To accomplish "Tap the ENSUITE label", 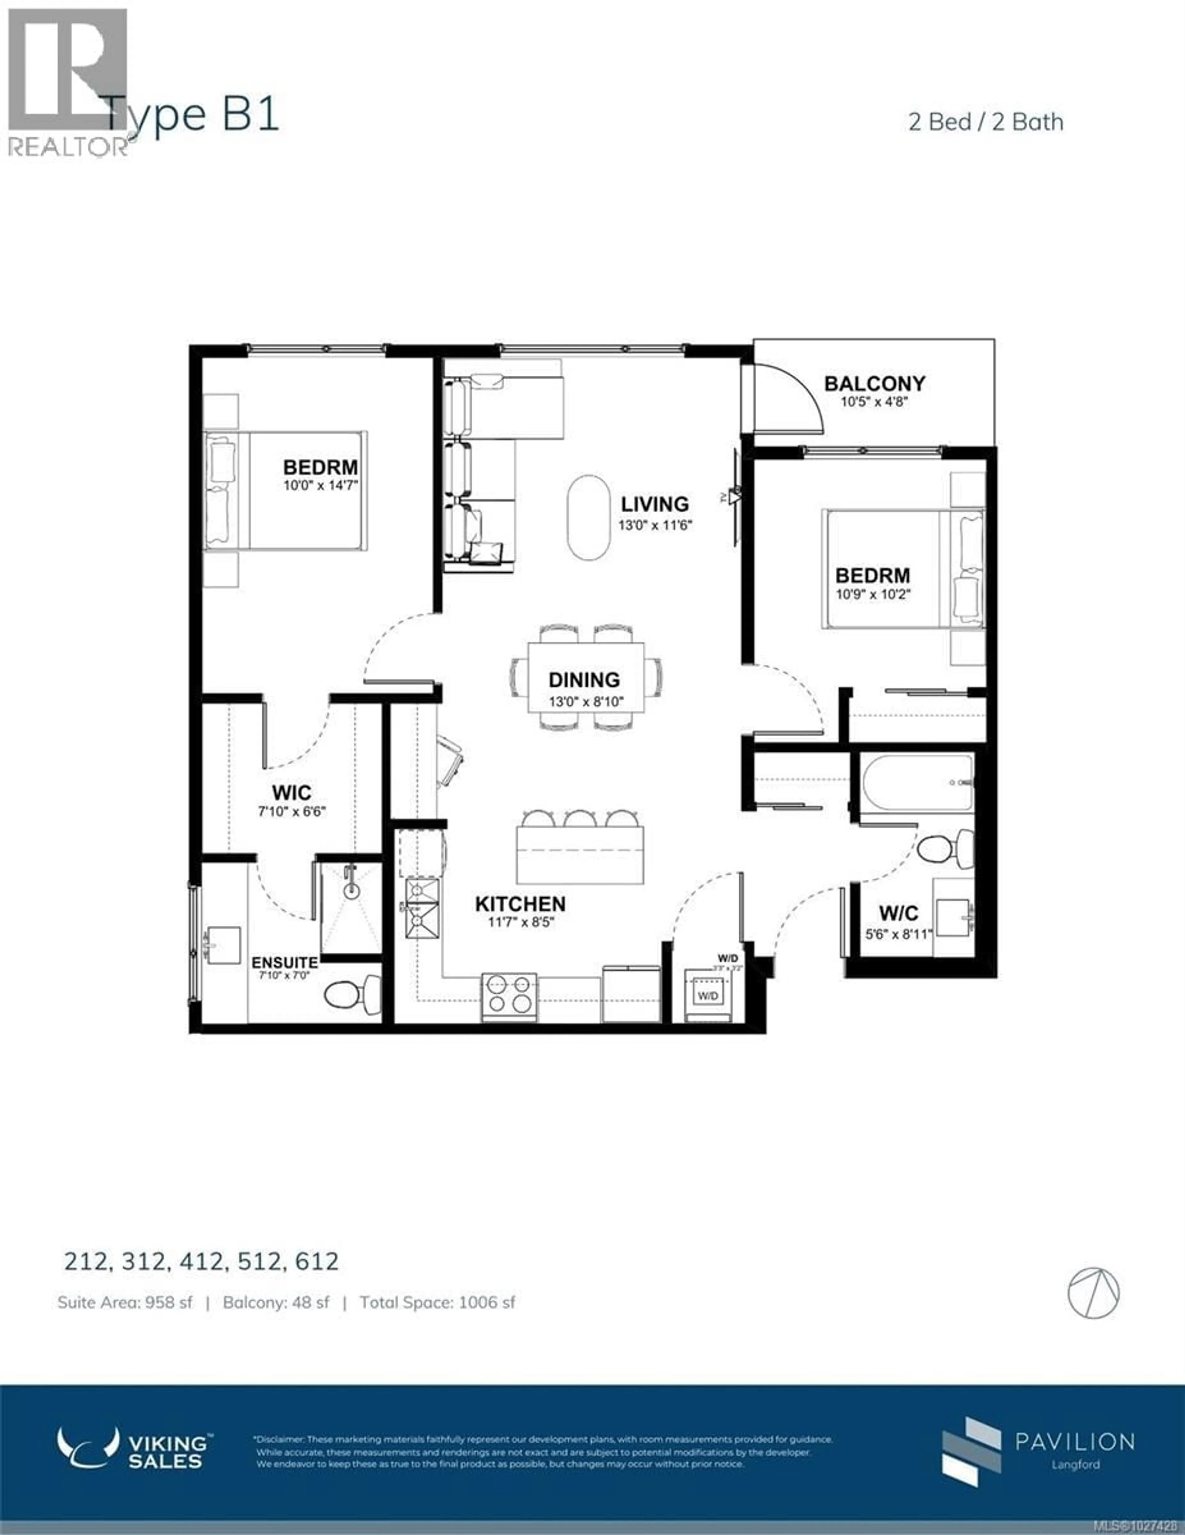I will [285, 962].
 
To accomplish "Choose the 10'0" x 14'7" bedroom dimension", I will [321, 485].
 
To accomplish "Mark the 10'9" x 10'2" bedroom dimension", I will [872, 594].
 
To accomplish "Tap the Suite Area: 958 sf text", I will [124, 1302].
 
